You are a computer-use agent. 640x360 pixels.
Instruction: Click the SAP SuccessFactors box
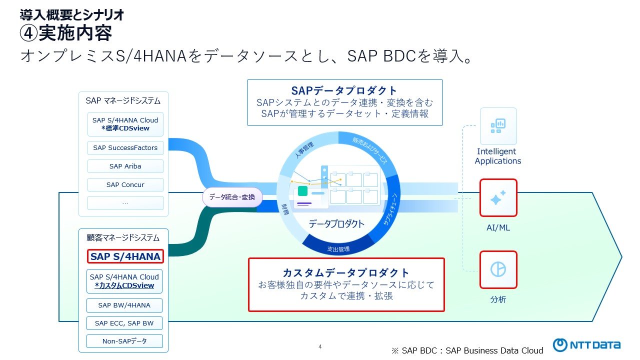[125, 148]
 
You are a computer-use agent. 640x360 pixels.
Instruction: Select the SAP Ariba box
[125, 166]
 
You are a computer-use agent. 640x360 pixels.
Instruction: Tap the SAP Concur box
[125, 185]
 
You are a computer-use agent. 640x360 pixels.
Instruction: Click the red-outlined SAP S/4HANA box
[125, 256]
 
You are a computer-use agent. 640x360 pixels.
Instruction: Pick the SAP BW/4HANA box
[124, 305]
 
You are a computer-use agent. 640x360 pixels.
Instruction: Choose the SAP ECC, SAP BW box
[124, 323]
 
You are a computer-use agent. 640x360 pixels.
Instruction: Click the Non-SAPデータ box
[124, 341]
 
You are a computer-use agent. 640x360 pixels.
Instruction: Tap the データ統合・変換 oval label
[232, 197]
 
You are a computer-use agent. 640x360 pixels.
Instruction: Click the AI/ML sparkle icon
[498, 198]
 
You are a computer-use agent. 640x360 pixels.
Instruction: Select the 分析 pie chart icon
[498, 269]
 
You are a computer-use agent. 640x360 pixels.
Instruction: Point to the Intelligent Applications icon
[498, 126]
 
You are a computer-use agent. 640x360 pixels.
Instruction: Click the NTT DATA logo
[586, 345]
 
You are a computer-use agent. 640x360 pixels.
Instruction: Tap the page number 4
[320, 346]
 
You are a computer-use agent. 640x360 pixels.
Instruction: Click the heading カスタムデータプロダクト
[346, 273]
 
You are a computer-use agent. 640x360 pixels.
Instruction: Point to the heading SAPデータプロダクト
[344, 90]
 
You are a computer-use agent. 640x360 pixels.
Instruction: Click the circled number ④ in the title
[28, 34]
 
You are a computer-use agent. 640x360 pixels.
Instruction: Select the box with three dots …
[125, 203]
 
